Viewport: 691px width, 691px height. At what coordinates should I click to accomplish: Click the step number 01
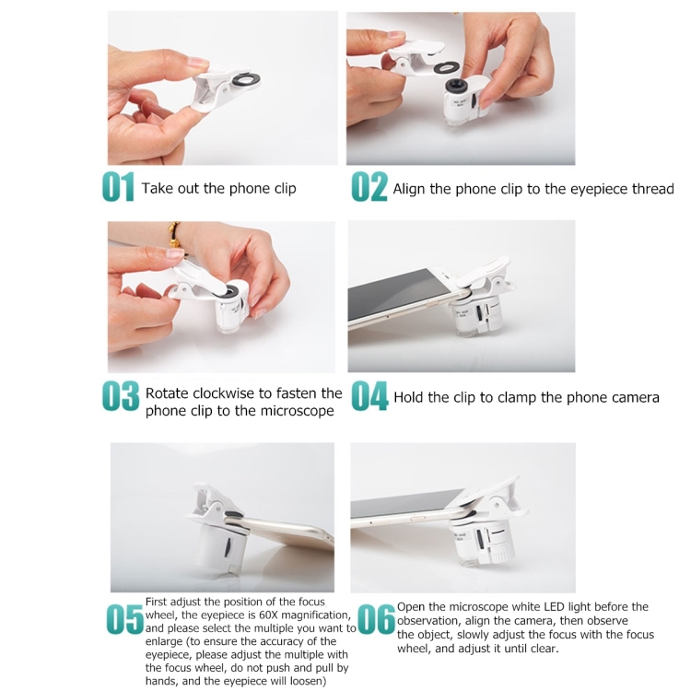coord(118,187)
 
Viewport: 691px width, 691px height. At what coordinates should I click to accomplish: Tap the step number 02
coord(369,187)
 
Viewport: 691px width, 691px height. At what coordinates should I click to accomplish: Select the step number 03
coord(121,396)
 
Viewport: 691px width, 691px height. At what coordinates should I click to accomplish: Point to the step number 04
coord(369,396)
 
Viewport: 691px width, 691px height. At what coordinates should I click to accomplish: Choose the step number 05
coord(125,619)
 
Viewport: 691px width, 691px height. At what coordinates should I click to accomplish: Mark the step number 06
coord(376,618)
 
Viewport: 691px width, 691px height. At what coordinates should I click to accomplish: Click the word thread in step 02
coord(653,189)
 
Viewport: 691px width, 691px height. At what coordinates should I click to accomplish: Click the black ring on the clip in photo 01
coord(244,80)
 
